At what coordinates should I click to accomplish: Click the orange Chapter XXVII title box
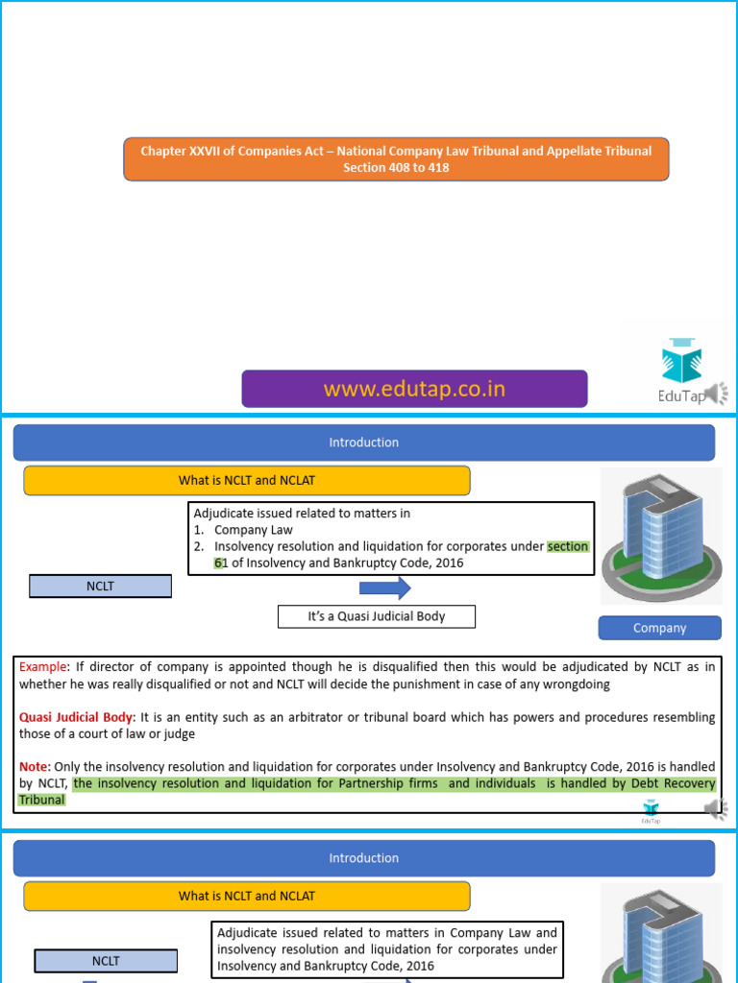(396, 159)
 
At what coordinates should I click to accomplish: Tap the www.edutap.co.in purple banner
(414, 389)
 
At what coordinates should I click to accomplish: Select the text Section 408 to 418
(396, 168)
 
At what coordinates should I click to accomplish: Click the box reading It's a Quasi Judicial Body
(377, 616)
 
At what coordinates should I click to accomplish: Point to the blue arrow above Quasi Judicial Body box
(384, 588)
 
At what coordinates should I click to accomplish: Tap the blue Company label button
(659, 628)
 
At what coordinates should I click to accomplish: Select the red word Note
(35, 766)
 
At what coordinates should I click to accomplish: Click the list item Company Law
(254, 530)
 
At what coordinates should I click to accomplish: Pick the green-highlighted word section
(568, 546)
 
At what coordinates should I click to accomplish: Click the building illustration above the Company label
(660, 537)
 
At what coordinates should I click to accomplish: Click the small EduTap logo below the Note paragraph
(652, 813)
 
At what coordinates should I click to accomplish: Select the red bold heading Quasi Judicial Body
(79, 717)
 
